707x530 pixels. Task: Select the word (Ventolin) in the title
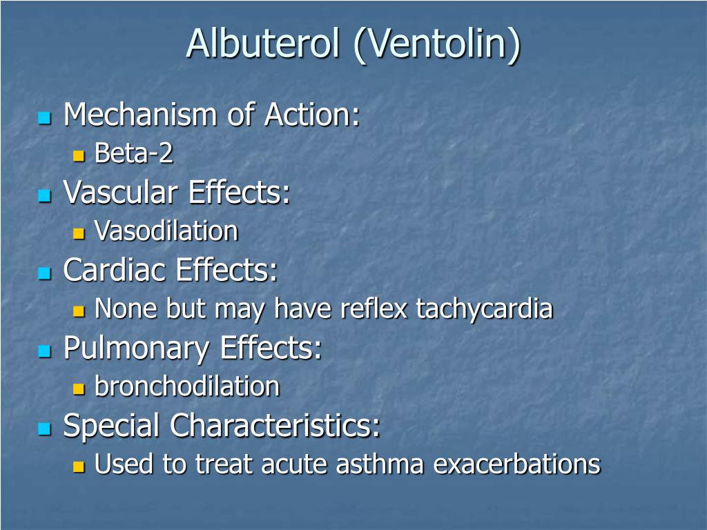(x=437, y=44)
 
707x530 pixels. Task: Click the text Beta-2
(x=134, y=153)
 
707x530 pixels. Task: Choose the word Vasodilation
(x=166, y=231)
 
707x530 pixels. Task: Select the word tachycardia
(x=484, y=308)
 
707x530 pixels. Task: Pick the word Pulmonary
(x=135, y=349)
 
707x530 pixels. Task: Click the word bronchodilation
(x=187, y=386)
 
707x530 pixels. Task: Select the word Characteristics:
(x=275, y=426)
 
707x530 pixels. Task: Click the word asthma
(x=381, y=464)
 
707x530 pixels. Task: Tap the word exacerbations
(x=517, y=464)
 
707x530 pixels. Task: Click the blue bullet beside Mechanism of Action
(x=46, y=118)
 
